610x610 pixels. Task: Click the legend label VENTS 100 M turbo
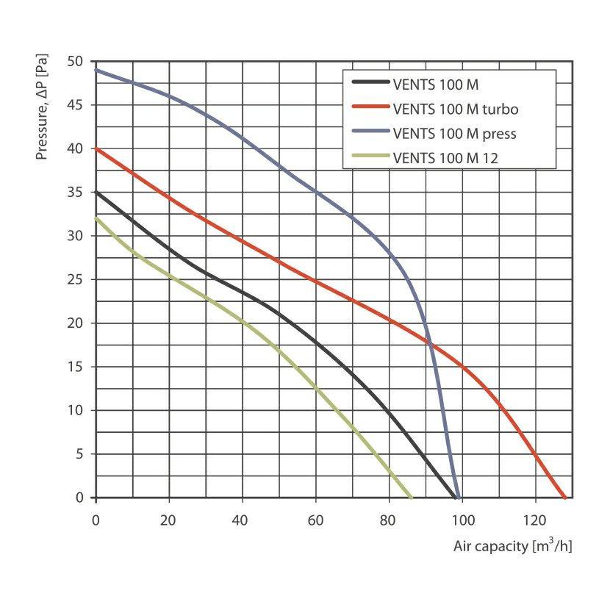pyautogui.click(x=456, y=110)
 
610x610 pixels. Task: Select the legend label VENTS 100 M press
pyautogui.click(x=455, y=134)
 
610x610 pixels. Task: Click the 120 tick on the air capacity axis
pyautogui.click(x=535, y=520)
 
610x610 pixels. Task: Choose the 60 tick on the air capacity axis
pyautogui.click(x=316, y=520)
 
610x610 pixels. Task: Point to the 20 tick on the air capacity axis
pyautogui.click(x=169, y=520)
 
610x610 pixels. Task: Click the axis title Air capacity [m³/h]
pyautogui.click(x=512, y=546)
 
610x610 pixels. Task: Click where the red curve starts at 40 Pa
pyautogui.click(x=96, y=149)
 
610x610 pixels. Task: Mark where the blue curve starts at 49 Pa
pyautogui.click(x=96, y=71)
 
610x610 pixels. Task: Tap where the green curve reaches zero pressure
pyautogui.click(x=412, y=498)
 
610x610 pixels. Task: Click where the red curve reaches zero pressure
pyautogui.click(x=564, y=498)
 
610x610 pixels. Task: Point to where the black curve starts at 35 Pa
pyautogui.click(x=96, y=193)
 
